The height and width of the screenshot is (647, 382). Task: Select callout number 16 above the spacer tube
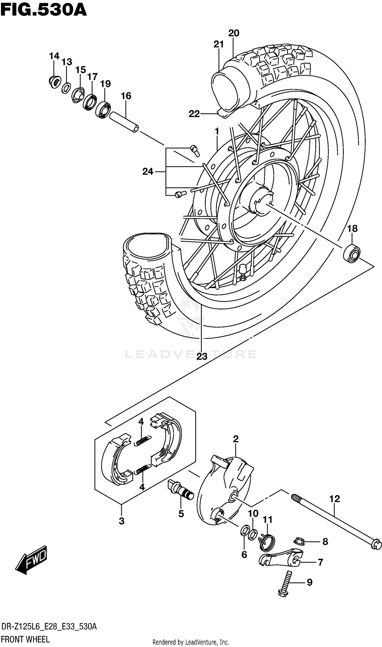pos(126,96)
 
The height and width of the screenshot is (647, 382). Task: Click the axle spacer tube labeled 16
pos(124,122)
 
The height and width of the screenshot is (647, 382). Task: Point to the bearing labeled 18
pos(352,254)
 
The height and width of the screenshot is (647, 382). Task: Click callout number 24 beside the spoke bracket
pos(148,171)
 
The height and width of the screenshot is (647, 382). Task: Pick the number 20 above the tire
pos(234,33)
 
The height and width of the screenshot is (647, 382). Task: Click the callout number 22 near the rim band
pos(194,114)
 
